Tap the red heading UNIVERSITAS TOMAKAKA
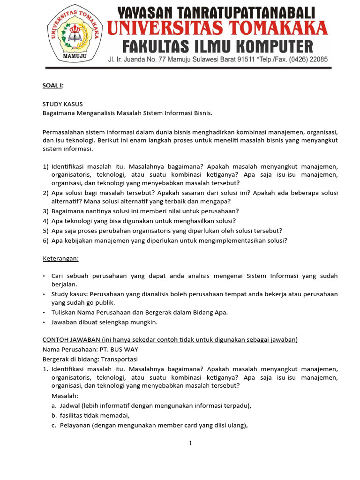(x=217, y=29)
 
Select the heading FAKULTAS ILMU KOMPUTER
(x=217, y=47)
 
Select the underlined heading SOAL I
(x=52, y=85)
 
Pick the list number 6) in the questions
(x=45, y=240)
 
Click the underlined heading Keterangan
(x=60, y=258)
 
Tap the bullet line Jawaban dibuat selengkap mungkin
(x=105, y=322)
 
